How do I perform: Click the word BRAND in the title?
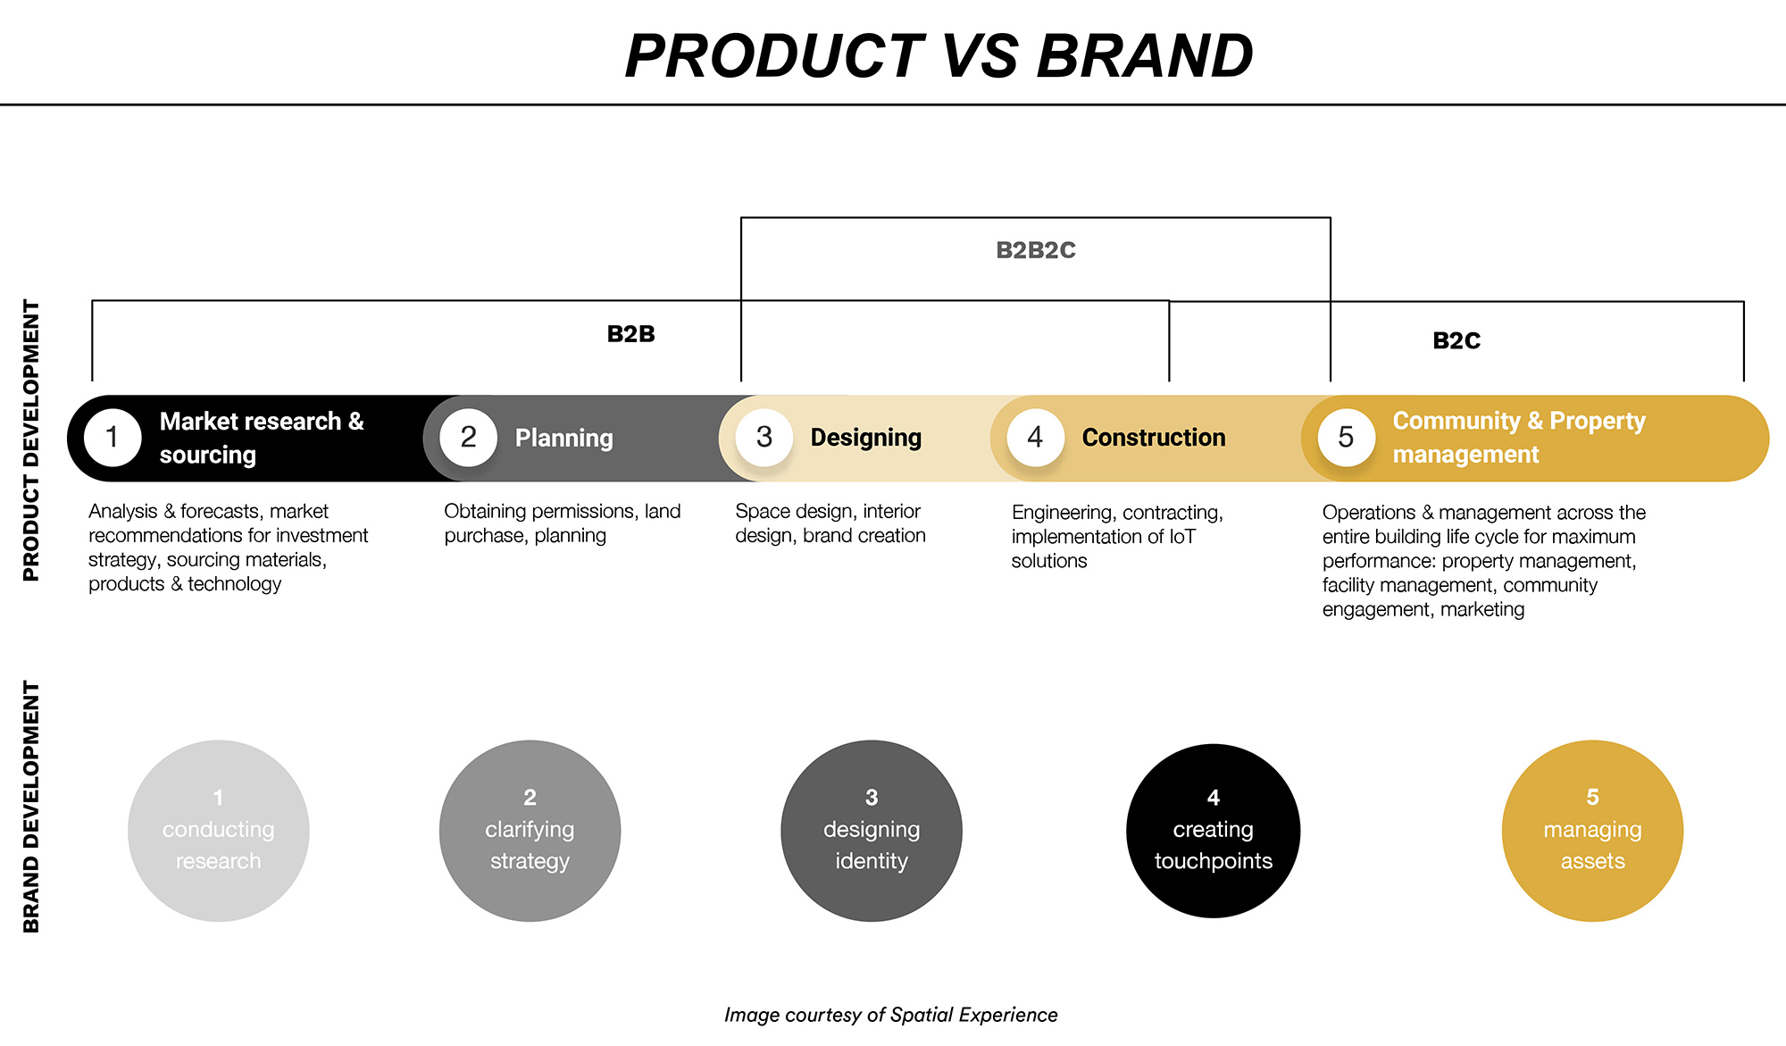pos(1145,56)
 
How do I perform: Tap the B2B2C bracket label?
pos(1036,250)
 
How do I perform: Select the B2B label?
pos(630,334)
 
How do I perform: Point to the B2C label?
pos(1456,340)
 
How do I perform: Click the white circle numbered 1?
pos(113,438)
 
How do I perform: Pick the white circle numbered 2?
pos(468,438)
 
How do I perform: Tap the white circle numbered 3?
pos(764,438)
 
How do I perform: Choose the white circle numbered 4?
pos(1035,438)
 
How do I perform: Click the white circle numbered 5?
pos(1346,438)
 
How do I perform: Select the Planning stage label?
pos(563,439)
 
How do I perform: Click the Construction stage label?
pos(1153,438)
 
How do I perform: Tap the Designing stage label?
pos(865,438)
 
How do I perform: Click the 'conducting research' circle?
pos(219,831)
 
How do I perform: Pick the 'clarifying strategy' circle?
pos(530,831)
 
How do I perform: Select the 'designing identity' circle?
pos(872,831)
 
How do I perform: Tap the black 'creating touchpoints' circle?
pos(1213,831)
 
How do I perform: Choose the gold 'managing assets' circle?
pos(1592,831)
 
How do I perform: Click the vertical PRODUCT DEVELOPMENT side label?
pos(31,440)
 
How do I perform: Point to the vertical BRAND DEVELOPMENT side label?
pos(31,807)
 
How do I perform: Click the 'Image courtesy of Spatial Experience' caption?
pos(890,1015)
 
